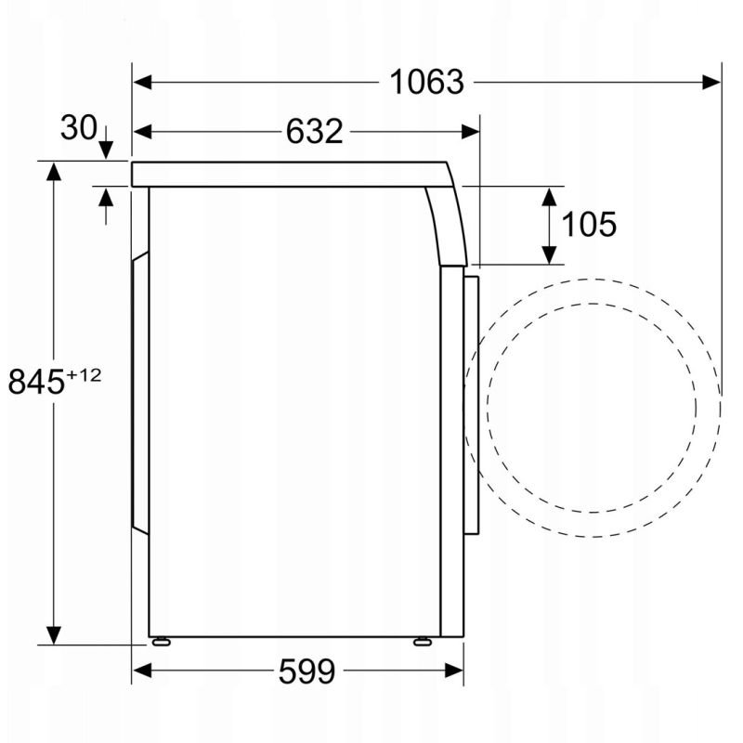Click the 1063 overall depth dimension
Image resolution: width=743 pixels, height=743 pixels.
click(426, 82)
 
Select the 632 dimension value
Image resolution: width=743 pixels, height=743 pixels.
click(314, 131)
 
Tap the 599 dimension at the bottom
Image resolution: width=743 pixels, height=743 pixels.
click(306, 671)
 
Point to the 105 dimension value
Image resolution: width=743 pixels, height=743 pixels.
click(589, 224)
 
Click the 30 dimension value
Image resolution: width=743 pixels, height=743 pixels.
click(79, 127)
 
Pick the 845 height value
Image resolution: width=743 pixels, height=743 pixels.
click(36, 382)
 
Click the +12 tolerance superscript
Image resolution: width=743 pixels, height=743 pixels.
click(84, 375)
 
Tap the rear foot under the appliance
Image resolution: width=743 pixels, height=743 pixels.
click(161, 642)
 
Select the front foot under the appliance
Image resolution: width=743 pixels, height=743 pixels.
click(423, 642)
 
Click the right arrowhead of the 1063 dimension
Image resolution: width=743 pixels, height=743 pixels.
click(711, 82)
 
